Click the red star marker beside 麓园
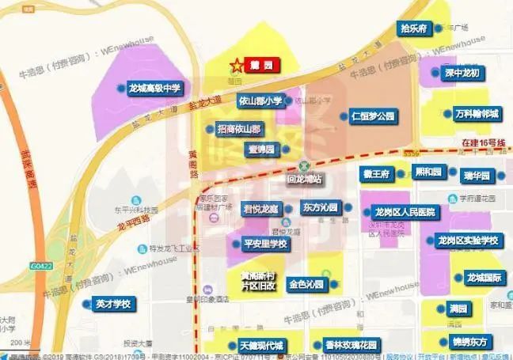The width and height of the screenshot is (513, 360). [x=234, y=65]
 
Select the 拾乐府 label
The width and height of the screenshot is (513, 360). [x=413, y=28]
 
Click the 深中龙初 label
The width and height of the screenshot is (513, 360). [x=460, y=73]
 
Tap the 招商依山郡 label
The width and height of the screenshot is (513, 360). [x=234, y=128]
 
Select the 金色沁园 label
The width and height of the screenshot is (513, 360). [x=306, y=283]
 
